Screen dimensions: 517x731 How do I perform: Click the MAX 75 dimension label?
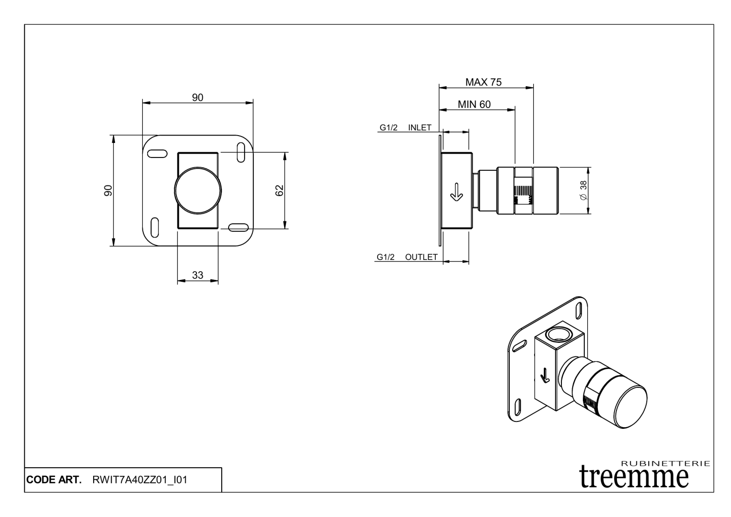pyautogui.click(x=483, y=82)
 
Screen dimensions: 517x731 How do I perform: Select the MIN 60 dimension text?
pyautogui.click(x=474, y=104)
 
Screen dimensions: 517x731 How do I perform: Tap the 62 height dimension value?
pyautogui.click(x=280, y=191)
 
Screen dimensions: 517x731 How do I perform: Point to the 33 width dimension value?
pyautogui.click(x=197, y=275)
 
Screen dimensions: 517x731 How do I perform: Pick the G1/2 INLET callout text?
pyautogui.click(x=405, y=128)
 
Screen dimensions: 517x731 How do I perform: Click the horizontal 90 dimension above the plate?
pyautogui.click(x=197, y=98)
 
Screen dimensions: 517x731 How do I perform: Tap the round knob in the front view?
pyautogui.click(x=198, y=191)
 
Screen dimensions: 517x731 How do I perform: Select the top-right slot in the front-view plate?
pyautogui.click(x=241, y=151)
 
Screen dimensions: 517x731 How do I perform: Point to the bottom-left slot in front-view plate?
pyautogui.click(x=155, y=227)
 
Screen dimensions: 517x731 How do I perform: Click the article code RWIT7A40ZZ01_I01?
pyautogui.click(x=139, y=480)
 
